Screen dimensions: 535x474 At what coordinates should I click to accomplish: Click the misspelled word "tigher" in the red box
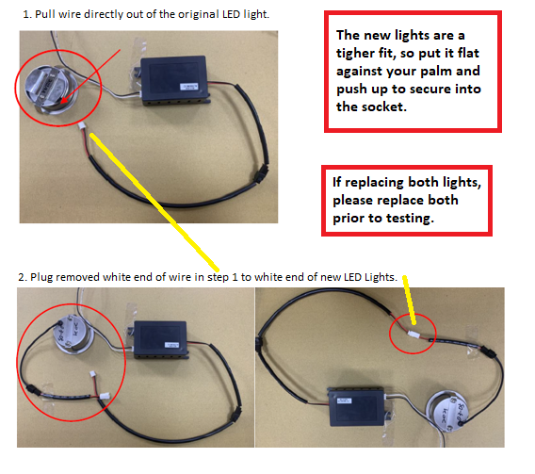355,54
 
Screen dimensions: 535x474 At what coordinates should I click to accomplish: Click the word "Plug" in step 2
41,278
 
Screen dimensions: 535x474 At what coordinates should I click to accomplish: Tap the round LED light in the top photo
51,89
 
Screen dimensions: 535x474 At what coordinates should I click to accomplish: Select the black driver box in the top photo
174,79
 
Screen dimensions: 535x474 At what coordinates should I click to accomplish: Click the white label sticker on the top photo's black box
189,87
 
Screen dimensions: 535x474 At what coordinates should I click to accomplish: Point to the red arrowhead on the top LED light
64,99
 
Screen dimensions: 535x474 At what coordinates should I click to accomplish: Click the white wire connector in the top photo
82,126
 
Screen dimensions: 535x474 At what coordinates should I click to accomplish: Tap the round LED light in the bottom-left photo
72,334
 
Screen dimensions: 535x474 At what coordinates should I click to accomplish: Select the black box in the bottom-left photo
160,339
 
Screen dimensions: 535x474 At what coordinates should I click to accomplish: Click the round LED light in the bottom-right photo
447,412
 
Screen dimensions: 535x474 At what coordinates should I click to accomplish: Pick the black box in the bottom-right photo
356,407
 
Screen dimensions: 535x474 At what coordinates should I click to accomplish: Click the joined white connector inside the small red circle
413,335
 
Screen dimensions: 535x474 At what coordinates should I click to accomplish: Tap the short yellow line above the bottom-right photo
409,300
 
